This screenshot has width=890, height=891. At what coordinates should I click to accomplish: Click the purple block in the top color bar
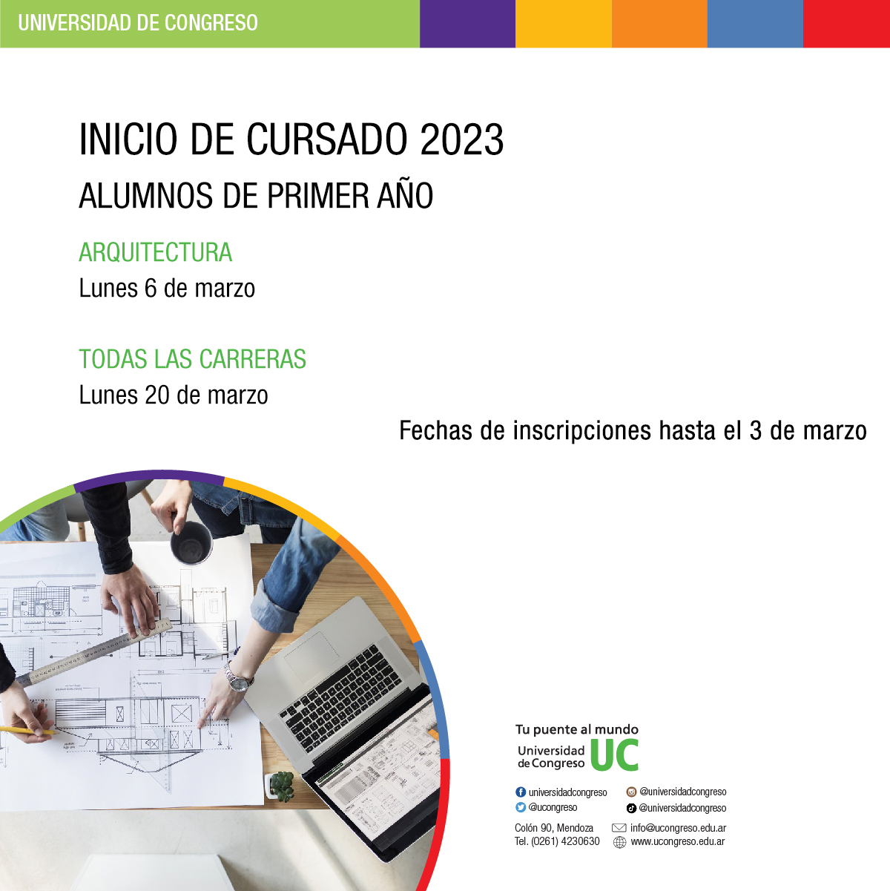coord(467,24)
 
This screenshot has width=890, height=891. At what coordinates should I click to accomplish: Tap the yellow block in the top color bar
coord(564,24)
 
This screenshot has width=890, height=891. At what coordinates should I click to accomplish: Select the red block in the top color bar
coord(846,24)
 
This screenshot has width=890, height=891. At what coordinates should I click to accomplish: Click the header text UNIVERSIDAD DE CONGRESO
coord(138,23)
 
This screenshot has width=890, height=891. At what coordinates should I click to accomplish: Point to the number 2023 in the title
coord(461,139)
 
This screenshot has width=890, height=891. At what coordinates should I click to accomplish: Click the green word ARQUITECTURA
coord(155,252)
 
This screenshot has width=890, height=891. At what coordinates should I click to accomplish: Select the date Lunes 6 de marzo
coord(167,288)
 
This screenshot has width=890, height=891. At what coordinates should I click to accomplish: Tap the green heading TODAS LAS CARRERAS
coord(192,359)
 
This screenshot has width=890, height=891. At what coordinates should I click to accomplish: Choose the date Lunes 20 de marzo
coord(174,395)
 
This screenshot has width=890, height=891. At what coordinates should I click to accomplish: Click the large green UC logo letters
coord(614,755)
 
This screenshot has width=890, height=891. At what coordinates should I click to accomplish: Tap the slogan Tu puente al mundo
coord(577,730)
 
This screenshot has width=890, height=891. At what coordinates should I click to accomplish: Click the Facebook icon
coord(521,792)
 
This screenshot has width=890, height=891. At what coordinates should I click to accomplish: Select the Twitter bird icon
coord(521,807)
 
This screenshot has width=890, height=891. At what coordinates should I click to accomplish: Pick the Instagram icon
coord(631,792)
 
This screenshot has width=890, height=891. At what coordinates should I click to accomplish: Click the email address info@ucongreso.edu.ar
coord(678,828)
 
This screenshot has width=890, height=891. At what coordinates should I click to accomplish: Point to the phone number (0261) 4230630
coord(565,841)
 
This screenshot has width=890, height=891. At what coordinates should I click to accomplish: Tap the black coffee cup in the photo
coord(191,543)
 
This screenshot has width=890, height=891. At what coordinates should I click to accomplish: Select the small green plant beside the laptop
coord(282,786)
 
